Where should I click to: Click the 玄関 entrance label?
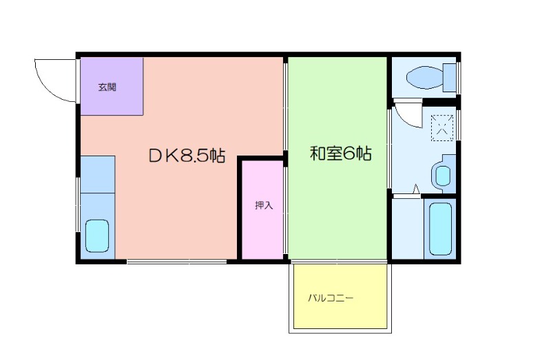[x=107, y=87]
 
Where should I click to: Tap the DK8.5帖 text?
[x=187, y=156]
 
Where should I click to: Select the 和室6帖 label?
[x=340, y=153]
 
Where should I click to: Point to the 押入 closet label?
[x=264, y=205]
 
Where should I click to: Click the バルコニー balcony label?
[x=331, y=298]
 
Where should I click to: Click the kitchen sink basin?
[x=97, y=236]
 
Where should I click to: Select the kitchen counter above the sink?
[x=98, y=174]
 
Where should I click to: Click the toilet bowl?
[x=424, y=77]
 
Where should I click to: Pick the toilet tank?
[x=450, y=78]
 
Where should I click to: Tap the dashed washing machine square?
[x=442, y=128]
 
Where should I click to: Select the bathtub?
[x=440, y=229]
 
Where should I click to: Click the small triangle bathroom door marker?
[x=416, y=189]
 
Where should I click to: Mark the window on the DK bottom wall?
[x=177, y=262]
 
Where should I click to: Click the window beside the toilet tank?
[x=458, y=78]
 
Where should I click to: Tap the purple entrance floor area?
[x=112, y=87]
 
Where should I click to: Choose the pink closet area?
[x=262, y=210]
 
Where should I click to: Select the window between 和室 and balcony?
[x=338, y=262]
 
